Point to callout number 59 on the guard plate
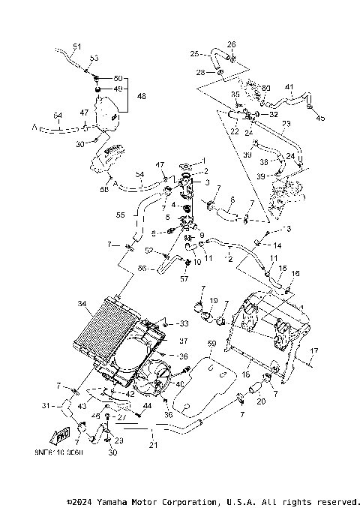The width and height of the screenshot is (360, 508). (211, 344)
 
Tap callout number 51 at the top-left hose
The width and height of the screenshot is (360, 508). (76, 46)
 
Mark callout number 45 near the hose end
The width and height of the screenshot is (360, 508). (320, 117)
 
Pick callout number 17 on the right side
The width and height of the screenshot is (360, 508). (314, 350)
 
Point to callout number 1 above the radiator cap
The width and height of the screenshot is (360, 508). (202, 161)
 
